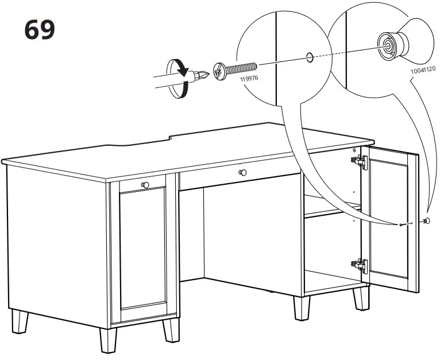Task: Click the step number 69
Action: point(40,29)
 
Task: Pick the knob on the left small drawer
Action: point(144,184)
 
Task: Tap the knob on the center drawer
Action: point(242,172)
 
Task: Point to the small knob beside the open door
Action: point(426,221)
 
